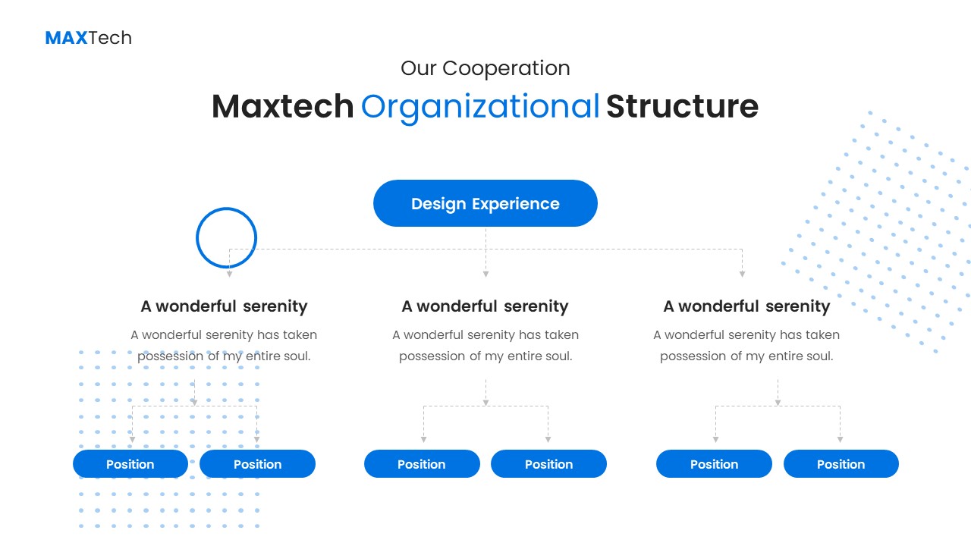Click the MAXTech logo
pyautogui.click(x=88, y=38)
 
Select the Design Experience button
pyautogui.click(x=485, y=203)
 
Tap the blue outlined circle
pyautogui.click(x=226, y=237)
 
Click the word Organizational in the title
pyautogui.click(x=480, y=107)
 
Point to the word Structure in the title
pyautogui.click(x=682, y=107)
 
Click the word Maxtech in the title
pyautogui.click(x=282, y=107)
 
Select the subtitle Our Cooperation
pyautogui.click(x=485, y=68)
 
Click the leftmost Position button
pyautogui.click(x=130, y=464)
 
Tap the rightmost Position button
pyautogui.click(x=841, y=464)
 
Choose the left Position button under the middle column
pyautogui.click(x=422, y=464)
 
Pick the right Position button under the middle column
pyautogui.click(x=548, y=464)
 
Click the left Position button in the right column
pyautogui.click(x=714, y=464)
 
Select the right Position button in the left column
pyautogui.click(x=257, y=464)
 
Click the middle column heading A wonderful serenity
pyautogui.click(x=485, y=306)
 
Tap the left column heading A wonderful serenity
pyautogui.click(x=224, y=306)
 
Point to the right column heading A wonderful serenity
pyautogui.click(x=746, y=306)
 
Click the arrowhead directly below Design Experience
pyautogui.click(x=485, y=274)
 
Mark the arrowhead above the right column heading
pyautogui.click(x=742, y=274)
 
